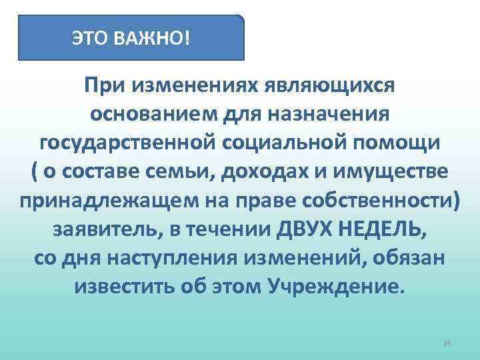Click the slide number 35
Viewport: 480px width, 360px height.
447,343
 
